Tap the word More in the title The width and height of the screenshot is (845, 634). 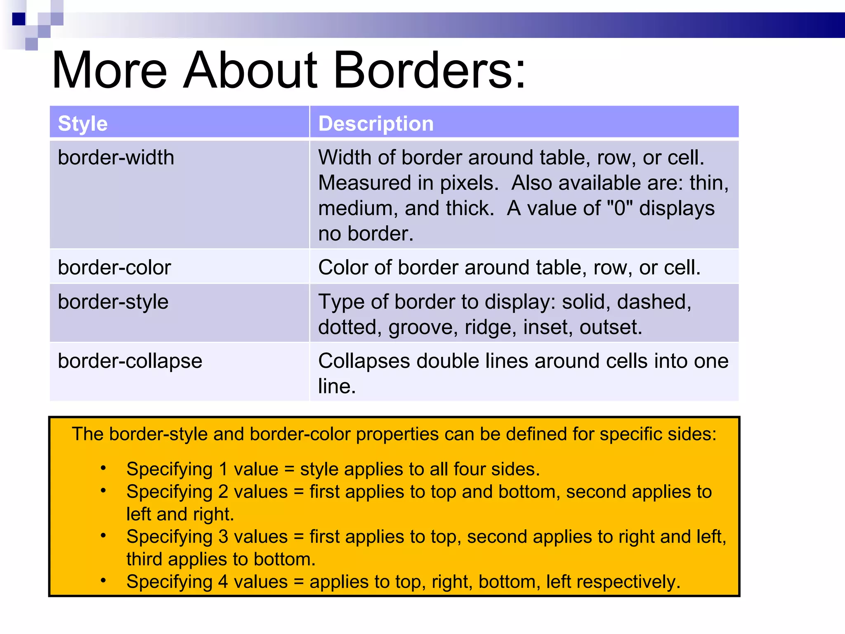(x=109, y=70)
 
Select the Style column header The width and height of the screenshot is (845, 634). (x=83, y=123)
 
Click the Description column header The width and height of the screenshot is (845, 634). (x=376, y=123)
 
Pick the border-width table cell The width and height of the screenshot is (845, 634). (x=116, y=158)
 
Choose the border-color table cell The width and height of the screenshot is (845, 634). (x=114, y=267)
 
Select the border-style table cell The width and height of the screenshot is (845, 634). (x=113, y=302)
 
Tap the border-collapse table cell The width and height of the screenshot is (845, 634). (x=130, y=361)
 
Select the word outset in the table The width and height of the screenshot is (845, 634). (x=610, y=327)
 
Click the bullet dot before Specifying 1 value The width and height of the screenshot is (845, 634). (x=103, y=468)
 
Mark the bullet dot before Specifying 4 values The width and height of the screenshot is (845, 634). (x=103, y=581)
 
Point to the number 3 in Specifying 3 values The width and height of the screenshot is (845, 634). (x=223, y=537)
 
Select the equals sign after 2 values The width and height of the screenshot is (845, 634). (x=299, y=492)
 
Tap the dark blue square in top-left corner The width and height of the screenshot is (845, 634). (x=19, y=19)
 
